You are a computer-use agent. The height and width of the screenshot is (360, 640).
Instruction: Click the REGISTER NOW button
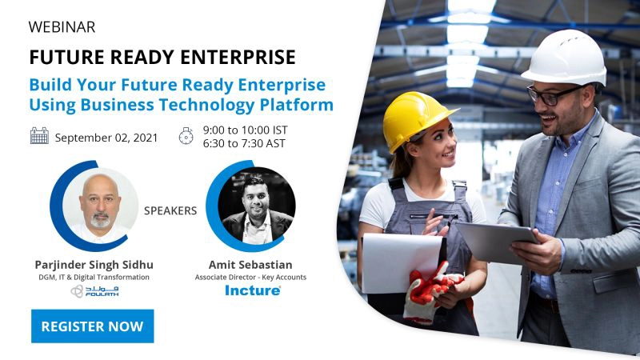[x=92, y=326]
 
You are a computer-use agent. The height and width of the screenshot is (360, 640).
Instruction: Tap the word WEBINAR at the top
[x=62, y=27]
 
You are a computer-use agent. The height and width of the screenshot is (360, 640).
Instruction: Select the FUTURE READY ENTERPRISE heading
[x=162, y=58]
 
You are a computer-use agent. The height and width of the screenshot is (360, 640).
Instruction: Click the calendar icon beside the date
[x=39, y=136]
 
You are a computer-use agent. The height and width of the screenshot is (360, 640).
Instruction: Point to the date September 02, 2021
[x=106, y=137]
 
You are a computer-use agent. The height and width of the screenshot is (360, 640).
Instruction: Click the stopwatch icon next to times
[x=186, y=136]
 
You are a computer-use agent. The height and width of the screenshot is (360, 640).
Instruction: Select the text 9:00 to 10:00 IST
[x=245, y=130]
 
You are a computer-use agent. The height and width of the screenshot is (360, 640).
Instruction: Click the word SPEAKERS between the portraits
[x=170, y=211]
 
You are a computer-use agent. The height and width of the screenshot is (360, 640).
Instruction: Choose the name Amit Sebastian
[x=250, y=263]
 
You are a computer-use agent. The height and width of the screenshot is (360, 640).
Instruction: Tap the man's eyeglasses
[x=554, y=94]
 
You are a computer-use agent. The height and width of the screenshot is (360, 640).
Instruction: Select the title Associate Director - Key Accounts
[x=250, y=277]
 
